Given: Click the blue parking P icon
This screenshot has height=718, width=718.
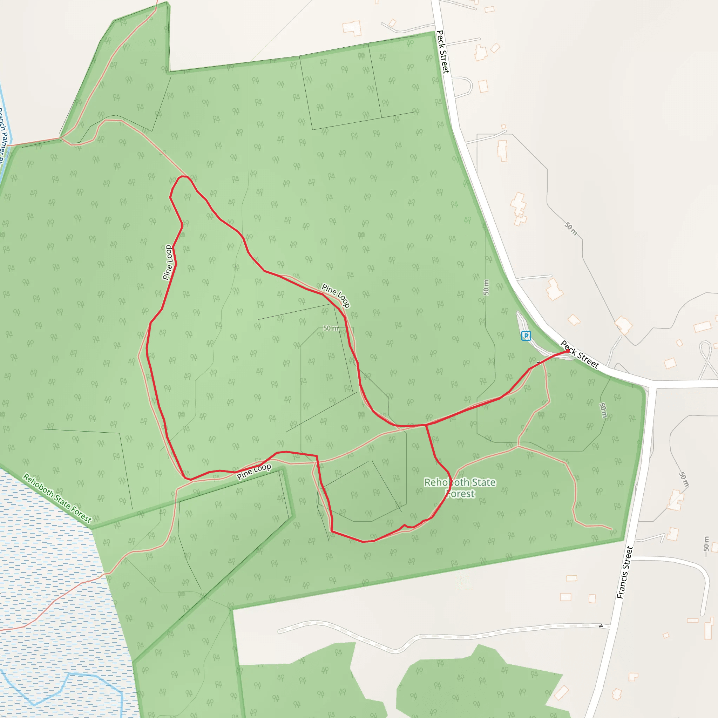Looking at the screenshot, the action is pyautogui.click(x=526, y=336).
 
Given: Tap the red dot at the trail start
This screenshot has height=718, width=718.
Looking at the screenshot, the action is pyautogui.click(x=568, y=351).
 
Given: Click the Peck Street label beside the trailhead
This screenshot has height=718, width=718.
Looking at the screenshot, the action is pyautogui.click(x=580, y=354).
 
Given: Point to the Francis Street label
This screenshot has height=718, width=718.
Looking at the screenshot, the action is pyautogui.click(x=624, y=572).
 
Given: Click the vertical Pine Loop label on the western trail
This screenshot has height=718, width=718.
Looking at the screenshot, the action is pyautogui.click(x=168, y=262).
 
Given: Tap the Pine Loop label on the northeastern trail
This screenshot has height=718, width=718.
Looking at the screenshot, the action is pyautogui.click(x=336, y=296).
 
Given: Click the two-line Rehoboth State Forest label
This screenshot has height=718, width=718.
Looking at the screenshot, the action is pyautogui.click(x=460, y=488).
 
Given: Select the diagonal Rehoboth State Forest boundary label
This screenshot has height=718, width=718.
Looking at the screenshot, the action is pyautogui.click(x=57, y=498).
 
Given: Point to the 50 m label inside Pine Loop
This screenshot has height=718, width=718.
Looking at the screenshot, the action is pyautogui.click(x=330, y=328).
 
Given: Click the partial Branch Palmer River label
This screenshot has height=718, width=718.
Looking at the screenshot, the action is pyautogui.click(x=3, y=134).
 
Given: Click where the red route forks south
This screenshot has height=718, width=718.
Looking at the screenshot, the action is pyautogui.click(x=426, y=425).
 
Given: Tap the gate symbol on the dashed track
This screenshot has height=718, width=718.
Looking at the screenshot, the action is pyautogui.click(x=601, y=626).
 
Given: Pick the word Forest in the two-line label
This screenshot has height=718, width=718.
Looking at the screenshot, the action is pyautogui.click(x=461, y=494).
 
